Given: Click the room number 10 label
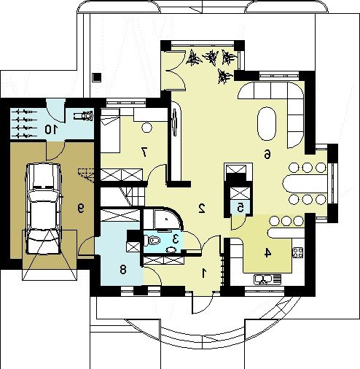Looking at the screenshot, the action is (x=51, y=129).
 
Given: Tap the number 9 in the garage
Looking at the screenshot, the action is (x=81, y=209).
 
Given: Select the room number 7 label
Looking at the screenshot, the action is (x=144, y=152).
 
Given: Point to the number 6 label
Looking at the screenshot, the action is (x=267, y=154).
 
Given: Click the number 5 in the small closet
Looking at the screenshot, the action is (x=240, y=208).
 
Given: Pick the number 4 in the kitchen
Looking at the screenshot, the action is (x=267, y=253).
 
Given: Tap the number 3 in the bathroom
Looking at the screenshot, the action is (x=176, y=239).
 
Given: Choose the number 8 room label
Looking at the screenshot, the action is (x=123, y=270).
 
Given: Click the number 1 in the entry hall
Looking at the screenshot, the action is (x=204, y=273).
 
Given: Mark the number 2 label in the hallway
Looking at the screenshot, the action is (x=202, y=209).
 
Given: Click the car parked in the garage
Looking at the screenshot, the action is (x=44, y=209).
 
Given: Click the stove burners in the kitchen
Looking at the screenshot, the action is (x=298, y=252).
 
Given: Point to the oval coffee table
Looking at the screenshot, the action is (x=267, y=123).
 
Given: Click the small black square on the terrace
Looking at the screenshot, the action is (x=97, y=77).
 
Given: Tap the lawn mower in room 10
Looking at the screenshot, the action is (x=84, y=115).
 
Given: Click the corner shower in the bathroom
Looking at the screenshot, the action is (x=167, y=220).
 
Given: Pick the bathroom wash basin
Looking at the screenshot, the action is (x=172, y=249).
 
